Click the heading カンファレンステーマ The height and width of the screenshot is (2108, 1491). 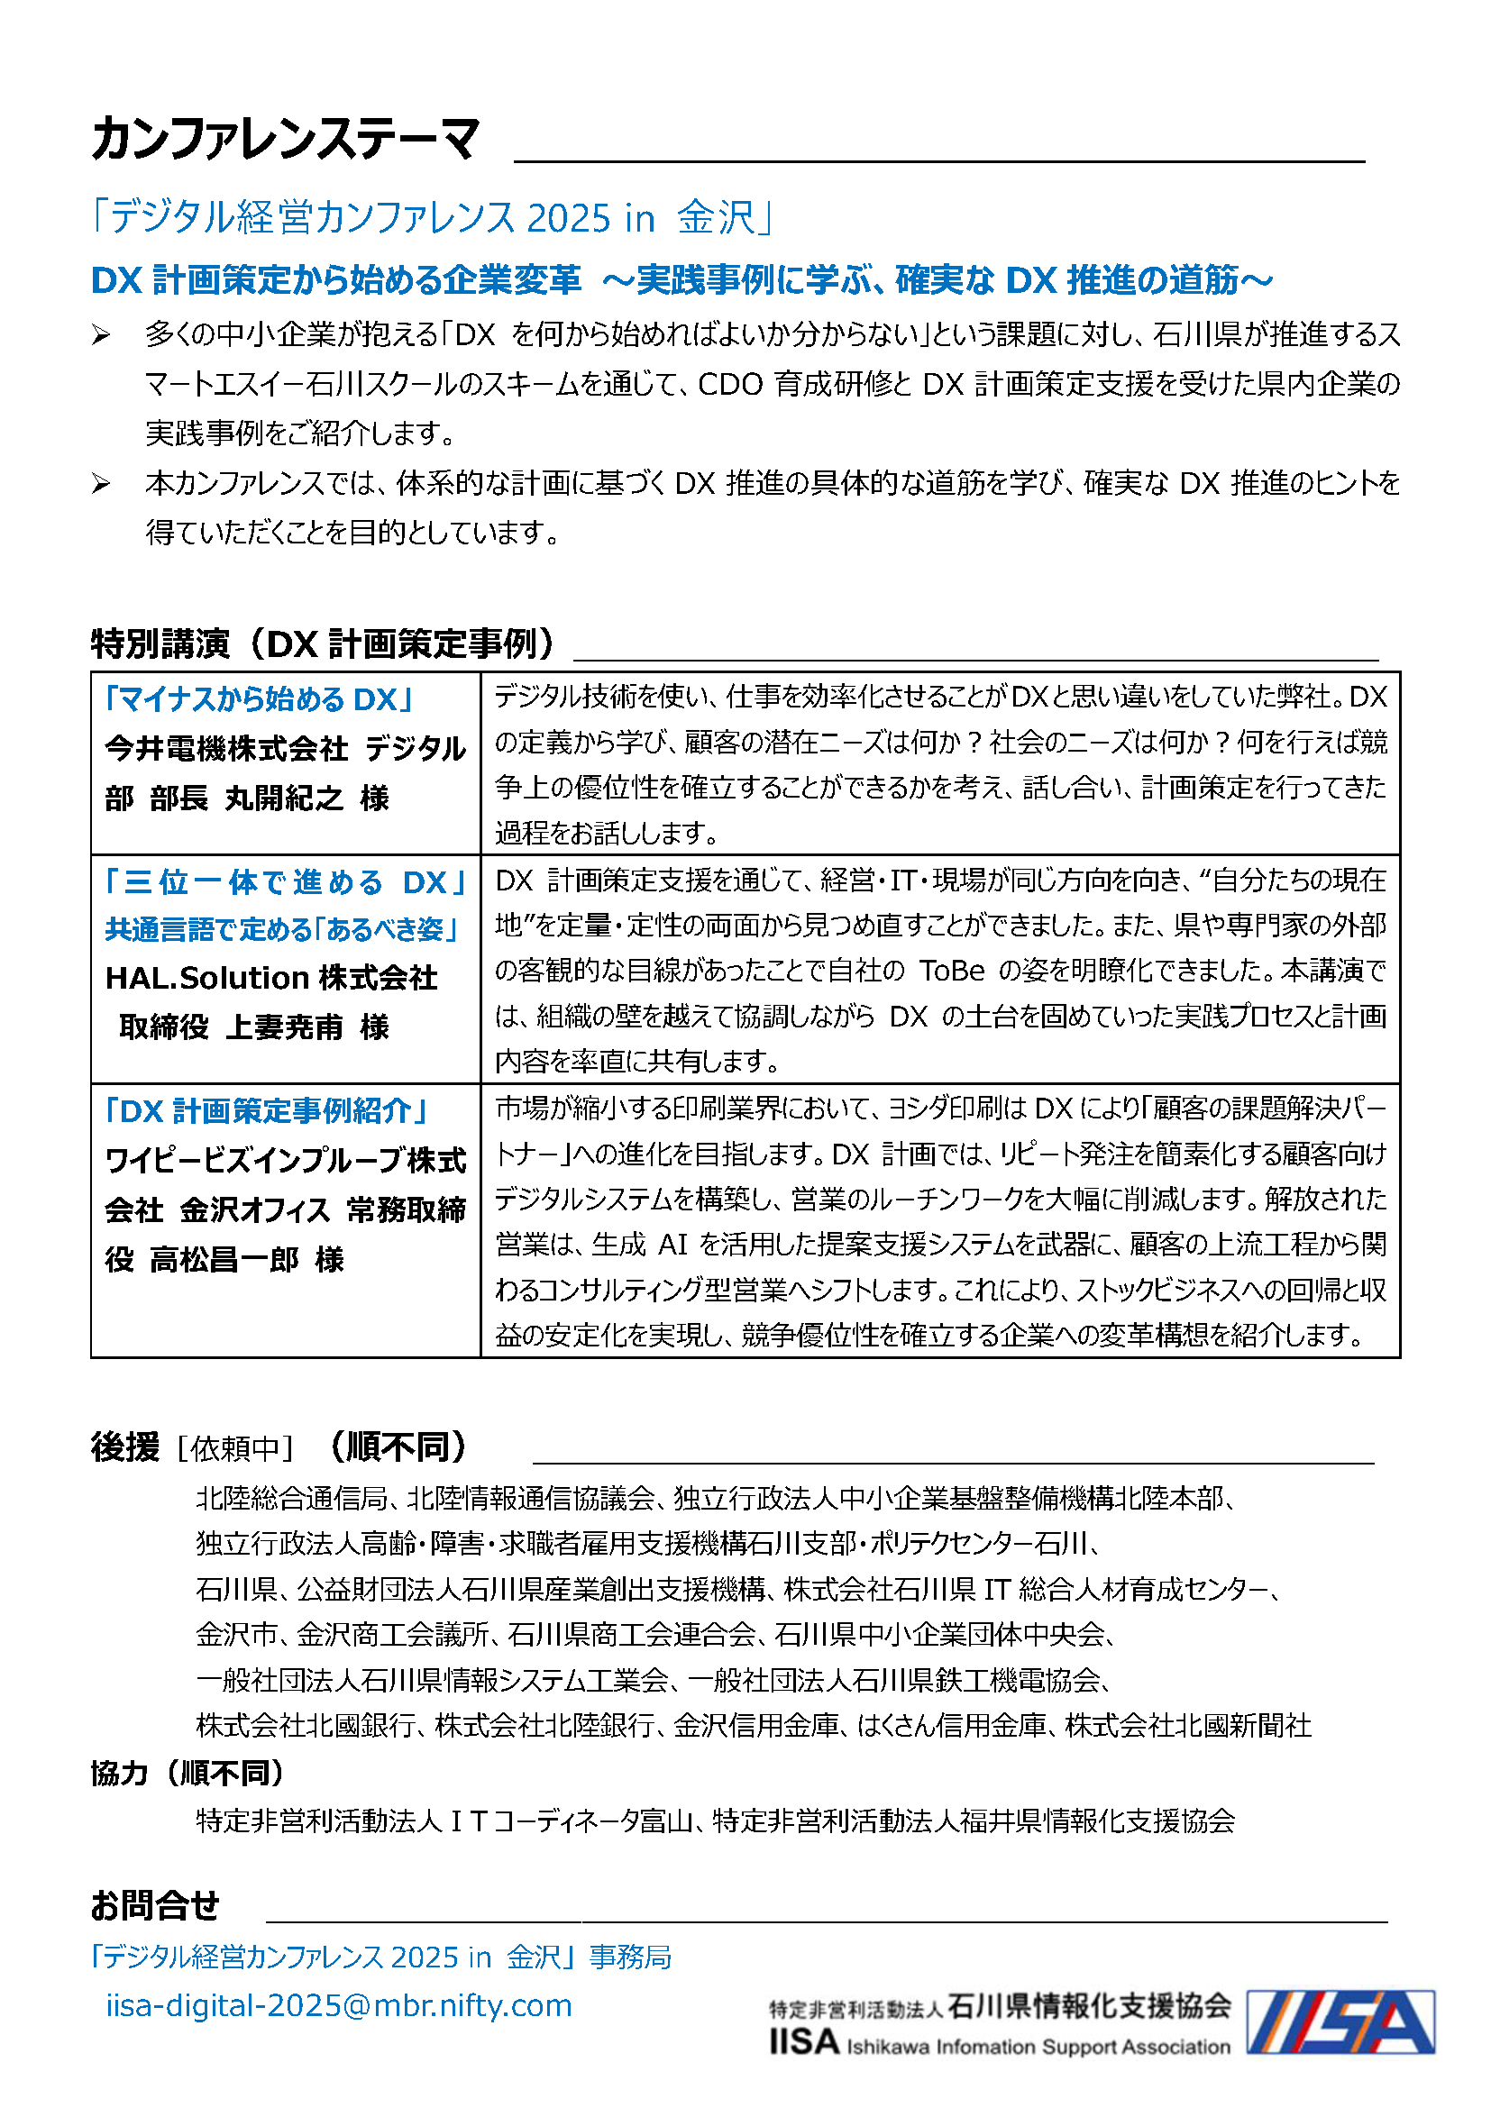click(x=285, y=140)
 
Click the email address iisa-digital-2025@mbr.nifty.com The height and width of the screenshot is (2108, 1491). click(x=339, y=2005)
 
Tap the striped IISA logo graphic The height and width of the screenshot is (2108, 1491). click(x=1340, y=2021)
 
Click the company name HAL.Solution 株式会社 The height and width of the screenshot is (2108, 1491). click(x=270, y=978)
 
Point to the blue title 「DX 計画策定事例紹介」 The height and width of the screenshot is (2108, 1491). click(x=266, y=1111)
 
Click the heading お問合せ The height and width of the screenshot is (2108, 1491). click(x=154, y=1906)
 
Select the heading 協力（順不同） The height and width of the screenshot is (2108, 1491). click(x=188, y=1773)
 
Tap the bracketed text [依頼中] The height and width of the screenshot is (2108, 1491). click(x=235, y=1448)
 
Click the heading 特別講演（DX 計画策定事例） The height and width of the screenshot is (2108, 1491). click(x=324, y=643)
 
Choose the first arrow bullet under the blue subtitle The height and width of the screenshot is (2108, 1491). click(x=101, y=335)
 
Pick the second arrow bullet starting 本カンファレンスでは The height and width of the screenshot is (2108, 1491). click(x=101, y=483)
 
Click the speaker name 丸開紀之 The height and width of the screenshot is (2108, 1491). click(x=285, y=798)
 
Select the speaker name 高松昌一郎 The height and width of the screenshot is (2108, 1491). click(x=224, y=1259)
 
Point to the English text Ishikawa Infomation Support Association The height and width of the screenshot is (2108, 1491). click(x=1038, y=2047)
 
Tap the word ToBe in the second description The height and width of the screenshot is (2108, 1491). click(x=952, y=971)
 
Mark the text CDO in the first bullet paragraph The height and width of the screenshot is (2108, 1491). click(x=730, y=385)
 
